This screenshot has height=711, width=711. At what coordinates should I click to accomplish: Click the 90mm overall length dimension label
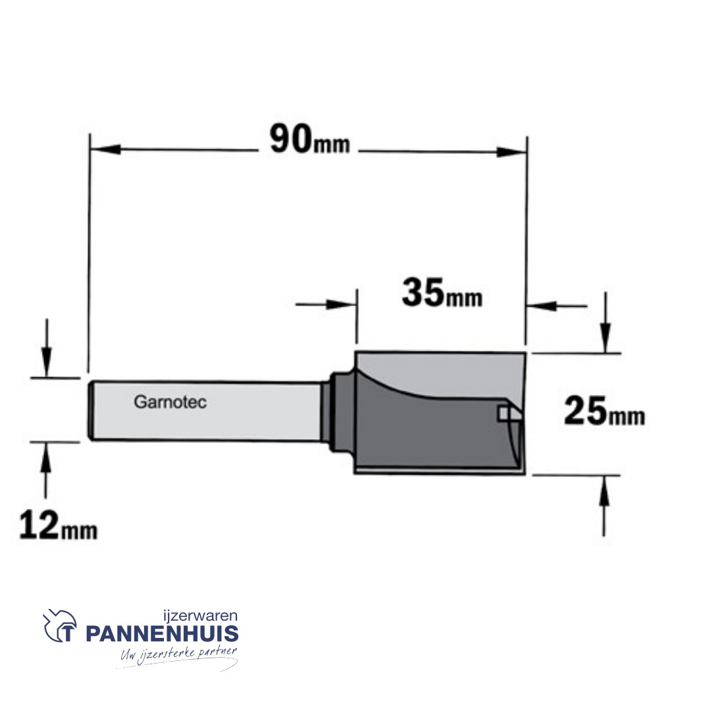click(309, 140)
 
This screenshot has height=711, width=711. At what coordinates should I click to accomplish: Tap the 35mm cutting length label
click(442, 294)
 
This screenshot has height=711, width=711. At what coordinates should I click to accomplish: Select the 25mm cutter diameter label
click(604, 410)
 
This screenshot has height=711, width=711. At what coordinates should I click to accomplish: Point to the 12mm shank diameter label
click(59, 525)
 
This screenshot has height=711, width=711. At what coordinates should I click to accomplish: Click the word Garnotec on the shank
click(170, 402)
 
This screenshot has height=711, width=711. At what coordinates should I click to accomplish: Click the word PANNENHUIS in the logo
click(162, 633)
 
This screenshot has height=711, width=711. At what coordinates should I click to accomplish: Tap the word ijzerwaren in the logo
click(200, 616)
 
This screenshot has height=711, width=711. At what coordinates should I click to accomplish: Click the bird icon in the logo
click(60, 626)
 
